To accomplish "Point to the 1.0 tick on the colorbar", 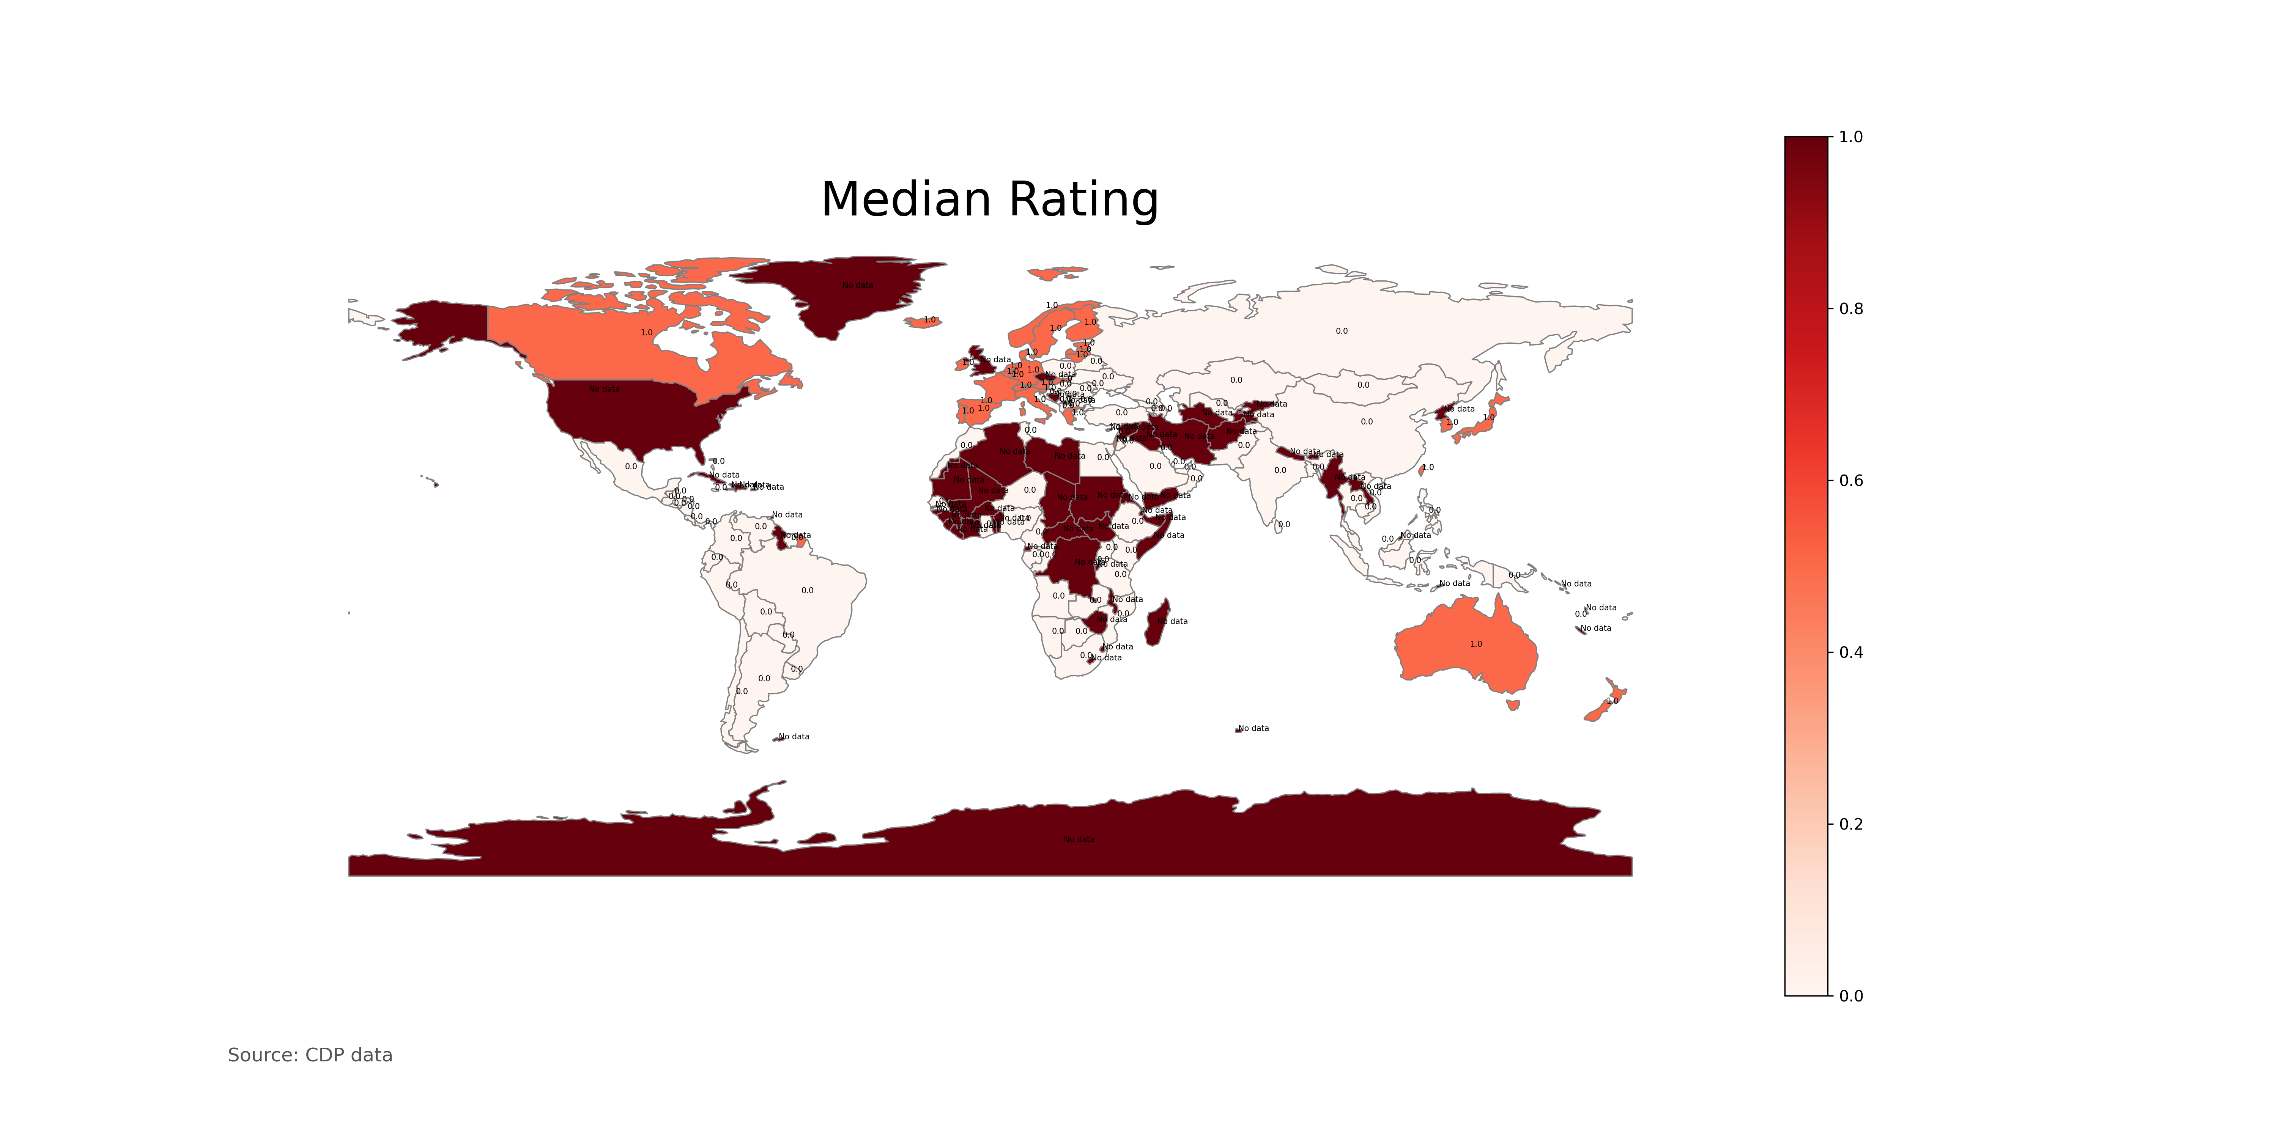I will pyautogui.click(x=1850, y=137).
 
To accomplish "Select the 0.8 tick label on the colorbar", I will pyautogui.click(x=1850, y=308).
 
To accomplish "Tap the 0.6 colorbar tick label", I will pyautogui.click(x=1850, y=481).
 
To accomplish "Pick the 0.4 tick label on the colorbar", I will pyautogui.click(x=1850, y=652).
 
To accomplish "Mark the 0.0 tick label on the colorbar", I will pyautogui.click(x=1850, y=996).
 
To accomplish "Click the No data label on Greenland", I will pyautogui.click(x=857, y=285).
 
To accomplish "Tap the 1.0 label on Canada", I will pyautogui.click(x=646, y=333).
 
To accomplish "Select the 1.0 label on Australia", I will pyautogui.click(x=1475, y=644).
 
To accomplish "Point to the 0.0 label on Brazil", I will pyautogui.click(x=807, y=590).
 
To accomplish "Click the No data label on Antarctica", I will pyautogui.click(x=1079, y=839).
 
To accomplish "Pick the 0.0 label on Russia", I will pyautogui.click(x=1341, y=331).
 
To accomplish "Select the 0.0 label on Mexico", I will pyautogui.click(x=630, y=467).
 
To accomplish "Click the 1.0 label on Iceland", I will pyautogui.click(x=929, y=320).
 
